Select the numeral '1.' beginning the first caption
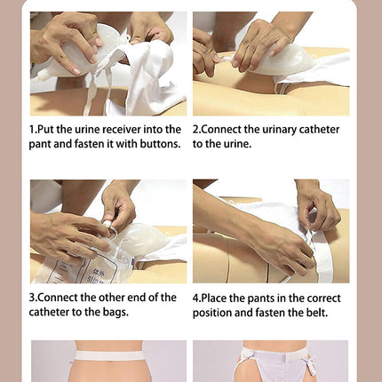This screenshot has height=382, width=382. (x=33, y=130)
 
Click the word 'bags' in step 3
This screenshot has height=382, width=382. (x=115, y=313)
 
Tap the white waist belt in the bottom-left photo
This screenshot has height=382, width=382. (x=108, y=355)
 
